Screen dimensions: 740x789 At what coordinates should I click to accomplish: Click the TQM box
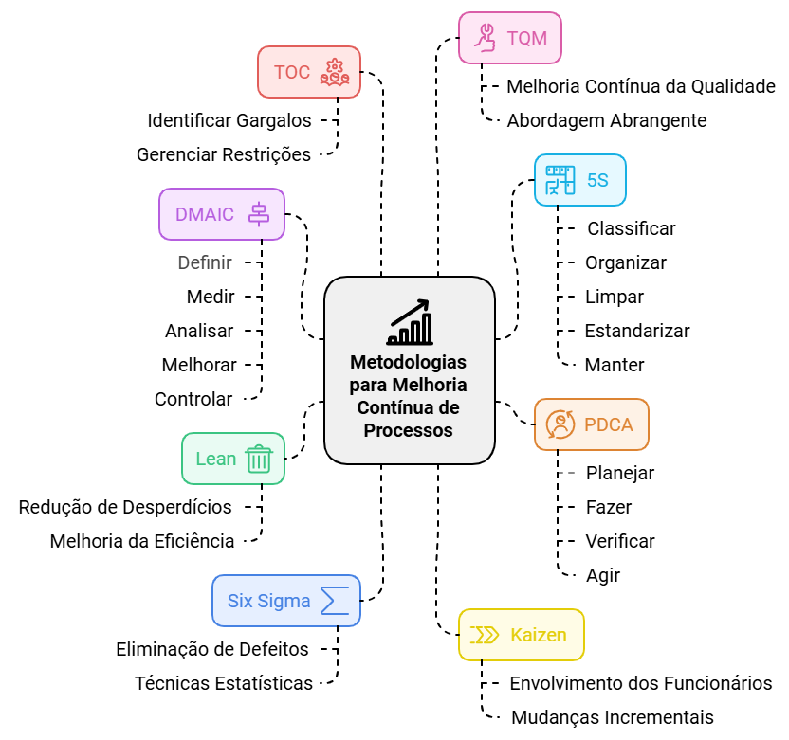(x=509, y=38)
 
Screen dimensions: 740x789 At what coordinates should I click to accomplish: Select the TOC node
(x=309, y=72)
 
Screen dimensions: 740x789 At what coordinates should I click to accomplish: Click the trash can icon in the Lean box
(x=259, y=460)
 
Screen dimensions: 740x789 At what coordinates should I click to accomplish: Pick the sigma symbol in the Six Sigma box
(x=334, y=601)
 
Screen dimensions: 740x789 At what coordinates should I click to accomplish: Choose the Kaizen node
(x=521, y=635)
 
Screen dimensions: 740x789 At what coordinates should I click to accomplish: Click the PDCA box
(x=591, y=424)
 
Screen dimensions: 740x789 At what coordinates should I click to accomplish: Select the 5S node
(x=579, y=180)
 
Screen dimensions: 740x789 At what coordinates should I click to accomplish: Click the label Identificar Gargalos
(x=229, y=120)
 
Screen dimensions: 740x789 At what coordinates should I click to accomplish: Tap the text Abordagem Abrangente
(x=606, y=120)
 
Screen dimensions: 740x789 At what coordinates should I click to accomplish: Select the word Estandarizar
(x=636, y=331)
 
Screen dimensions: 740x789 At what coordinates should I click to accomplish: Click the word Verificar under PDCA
(x=620, y=541)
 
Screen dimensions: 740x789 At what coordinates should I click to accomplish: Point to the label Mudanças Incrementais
(x=612, y=717)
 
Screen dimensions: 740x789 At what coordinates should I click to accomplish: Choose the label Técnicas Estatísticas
(x=224, y=683)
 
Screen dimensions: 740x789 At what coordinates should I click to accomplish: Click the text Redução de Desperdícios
(x=125, y=507)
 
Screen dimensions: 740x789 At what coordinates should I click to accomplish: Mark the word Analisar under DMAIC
(x=199, y=331)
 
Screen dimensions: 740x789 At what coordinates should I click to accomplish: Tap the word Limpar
(x=614, y=297)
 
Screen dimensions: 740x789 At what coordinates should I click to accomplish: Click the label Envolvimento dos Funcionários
(x=640, y=683)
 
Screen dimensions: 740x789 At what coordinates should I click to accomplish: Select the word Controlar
(x=193, y=399)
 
